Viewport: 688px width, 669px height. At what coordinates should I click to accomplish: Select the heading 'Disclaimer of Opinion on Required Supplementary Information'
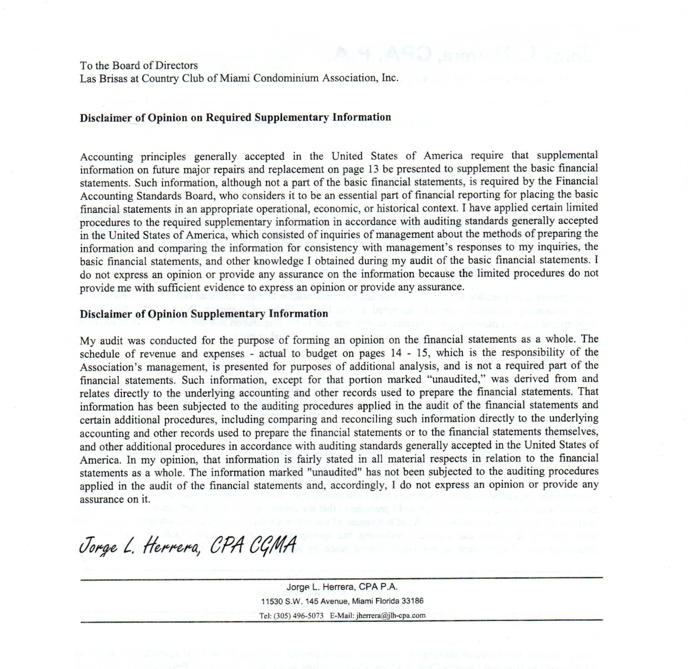click(x=235, y=118)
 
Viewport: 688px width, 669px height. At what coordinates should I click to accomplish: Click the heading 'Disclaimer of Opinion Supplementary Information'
click(x=204, y=314)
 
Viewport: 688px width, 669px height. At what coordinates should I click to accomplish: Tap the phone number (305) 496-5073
click(x=299, y=615)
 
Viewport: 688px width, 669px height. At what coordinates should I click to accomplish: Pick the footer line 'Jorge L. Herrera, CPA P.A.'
click(x=342, y=587)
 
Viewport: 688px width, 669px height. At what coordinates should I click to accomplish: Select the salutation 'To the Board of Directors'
click(x=139, y=66)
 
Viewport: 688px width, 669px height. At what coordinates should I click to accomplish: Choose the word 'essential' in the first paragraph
click(x=389, y=195)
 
